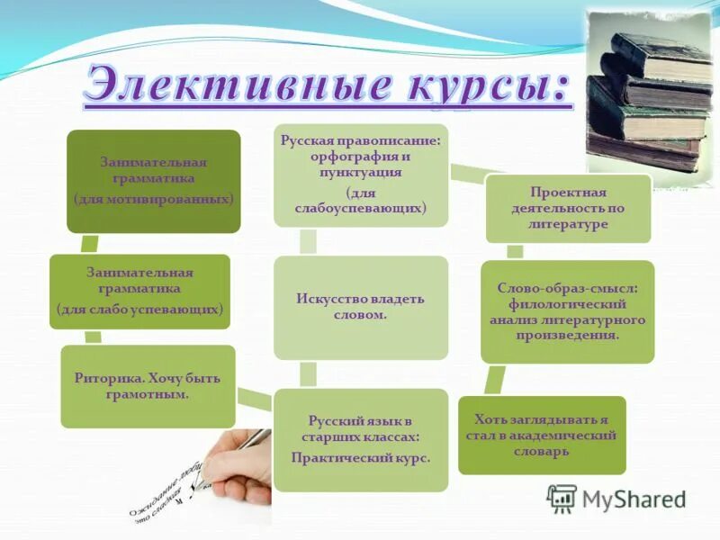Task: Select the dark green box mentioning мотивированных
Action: [154, 181]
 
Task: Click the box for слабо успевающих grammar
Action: [139, 291]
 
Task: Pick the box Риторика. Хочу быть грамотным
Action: [148, 386]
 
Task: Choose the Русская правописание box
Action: [361, 175]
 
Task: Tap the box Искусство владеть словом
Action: [361, 307]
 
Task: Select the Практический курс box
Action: [361, 439]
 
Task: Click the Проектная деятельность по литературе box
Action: [568, 209]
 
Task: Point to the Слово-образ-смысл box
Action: [568, 311]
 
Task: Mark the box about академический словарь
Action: [542, 435]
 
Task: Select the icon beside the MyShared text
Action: [562, 498]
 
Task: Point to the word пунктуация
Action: [360, 172]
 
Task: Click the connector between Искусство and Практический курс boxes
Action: [308, 374]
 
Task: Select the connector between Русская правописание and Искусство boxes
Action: [308, 240]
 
